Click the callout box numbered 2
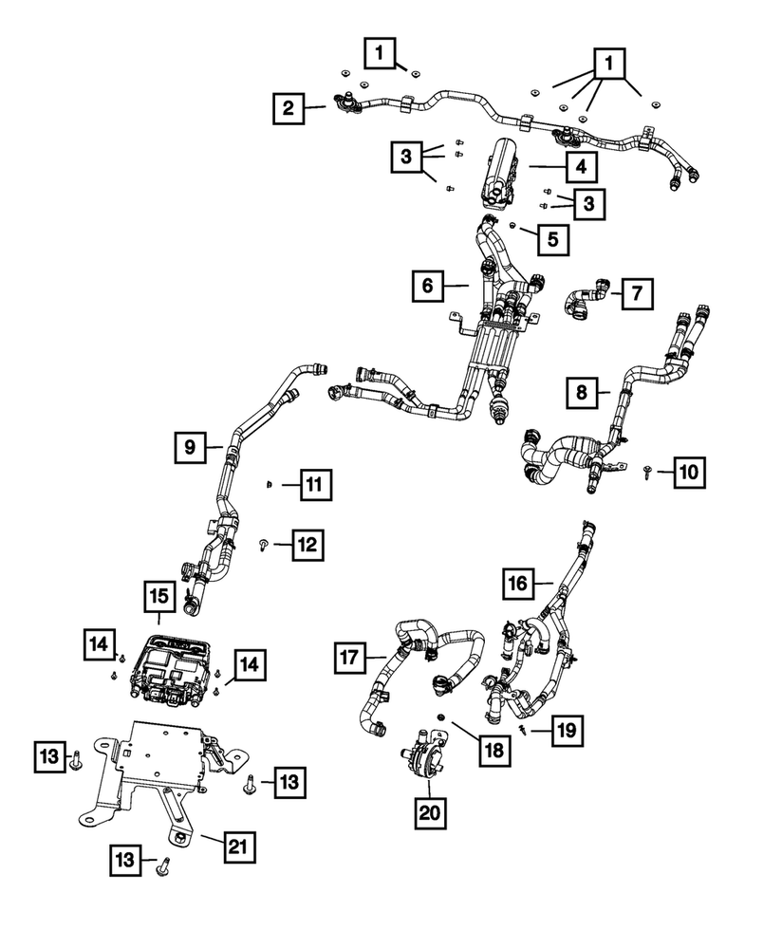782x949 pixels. click(287, 108)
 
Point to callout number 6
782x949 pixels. click(428, 285)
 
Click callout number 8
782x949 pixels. click(583, 391)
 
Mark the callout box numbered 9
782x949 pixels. click(190, 445)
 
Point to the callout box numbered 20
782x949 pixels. click(430, 812)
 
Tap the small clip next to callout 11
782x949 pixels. click(269, 485)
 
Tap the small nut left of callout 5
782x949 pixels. click(512, 227)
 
